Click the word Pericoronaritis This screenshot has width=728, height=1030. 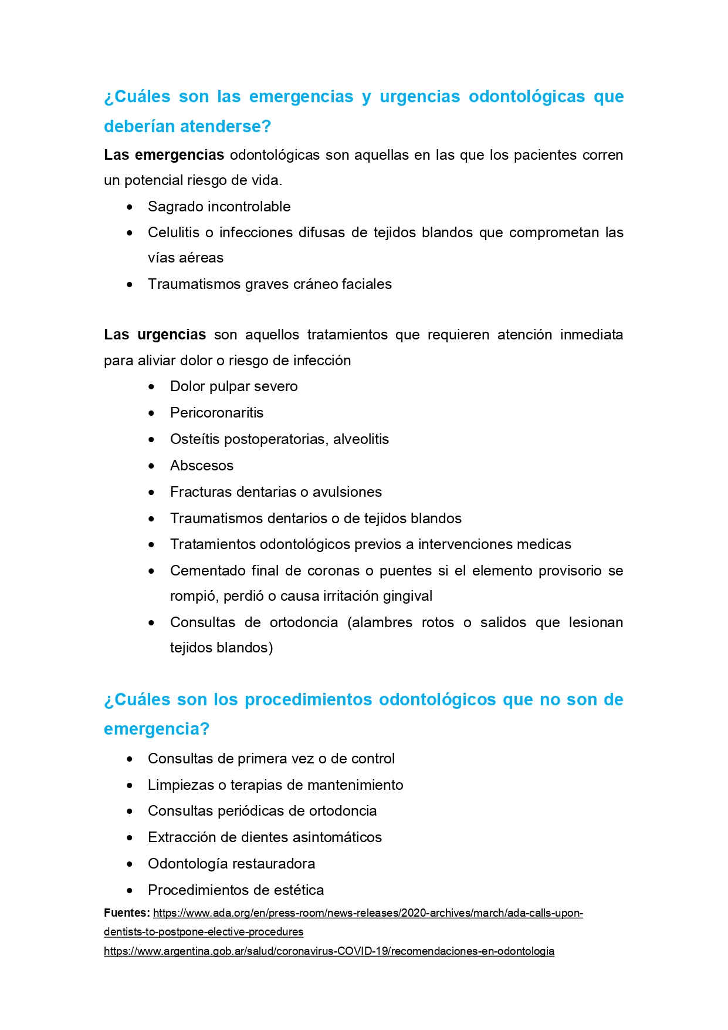[216, 413]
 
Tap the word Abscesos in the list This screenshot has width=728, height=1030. [201, 466]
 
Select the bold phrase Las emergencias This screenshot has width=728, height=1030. [164, 155]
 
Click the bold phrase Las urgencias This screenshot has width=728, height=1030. [155, 335]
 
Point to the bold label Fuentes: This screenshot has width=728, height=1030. [127, 913]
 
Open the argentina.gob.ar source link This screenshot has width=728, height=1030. [329, 951]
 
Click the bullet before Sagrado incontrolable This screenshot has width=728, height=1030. [130, 207]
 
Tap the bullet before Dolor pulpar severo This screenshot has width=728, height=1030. [152, 387]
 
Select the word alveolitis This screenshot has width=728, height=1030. [361, 439]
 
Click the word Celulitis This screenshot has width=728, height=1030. [174, 233]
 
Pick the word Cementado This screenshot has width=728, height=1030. [208, 571]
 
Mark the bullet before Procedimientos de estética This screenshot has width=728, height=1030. [130, 891]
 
